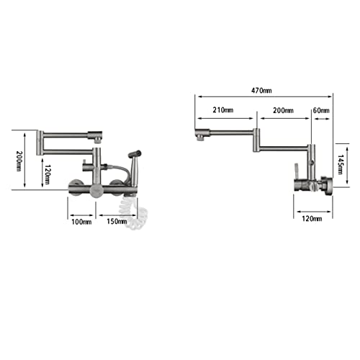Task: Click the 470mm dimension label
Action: [261, 91]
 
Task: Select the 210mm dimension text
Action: [223, 110]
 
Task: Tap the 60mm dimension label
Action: [321, 110]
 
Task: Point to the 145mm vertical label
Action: [341, 164]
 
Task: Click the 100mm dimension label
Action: [81, 222]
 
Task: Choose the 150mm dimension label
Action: [117, 221]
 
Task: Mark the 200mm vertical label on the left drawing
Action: [19, 161]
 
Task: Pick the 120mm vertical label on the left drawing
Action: [48, 175]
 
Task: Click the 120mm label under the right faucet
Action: [312, 219]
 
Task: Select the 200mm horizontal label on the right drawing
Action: [283, 110]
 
